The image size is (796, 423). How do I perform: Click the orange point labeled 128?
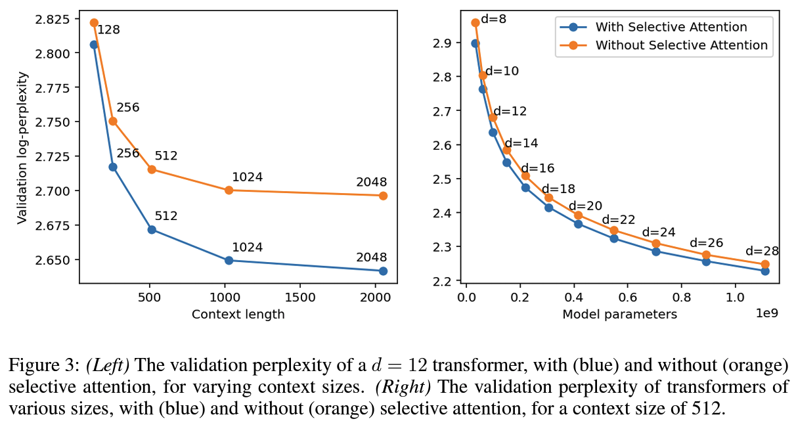[94, 23]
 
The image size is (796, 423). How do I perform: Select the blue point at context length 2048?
[383, 271]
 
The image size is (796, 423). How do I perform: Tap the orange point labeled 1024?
[229, 190]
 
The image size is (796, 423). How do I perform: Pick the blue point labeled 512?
[152, 230]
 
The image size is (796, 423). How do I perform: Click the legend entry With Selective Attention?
[671, 27]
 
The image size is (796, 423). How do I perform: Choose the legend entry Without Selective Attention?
[681, 45]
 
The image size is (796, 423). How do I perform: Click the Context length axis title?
[238, 314]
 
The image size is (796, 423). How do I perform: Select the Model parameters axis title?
[619, 314]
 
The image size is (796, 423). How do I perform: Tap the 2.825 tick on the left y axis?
[55, 19]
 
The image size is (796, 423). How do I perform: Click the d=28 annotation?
[761, 252]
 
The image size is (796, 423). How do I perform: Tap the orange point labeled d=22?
[614, 231]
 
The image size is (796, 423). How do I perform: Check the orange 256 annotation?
[128, 107]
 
